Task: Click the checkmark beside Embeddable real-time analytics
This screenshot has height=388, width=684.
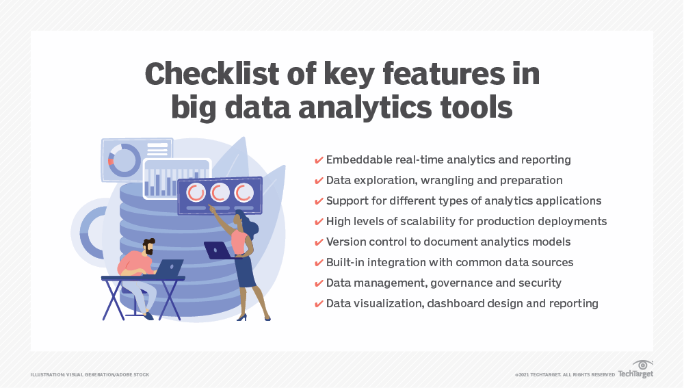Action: (x=319, y=160)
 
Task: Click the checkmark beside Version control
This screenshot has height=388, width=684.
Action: (x=319, y=242)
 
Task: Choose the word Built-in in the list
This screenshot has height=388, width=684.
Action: (x=345, y=262)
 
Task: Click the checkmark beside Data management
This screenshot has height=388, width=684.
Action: (x=319, y=283)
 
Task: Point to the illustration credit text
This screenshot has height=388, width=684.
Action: (x=90, y=375)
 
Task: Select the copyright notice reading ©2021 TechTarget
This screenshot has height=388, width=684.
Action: (x=565, y=375)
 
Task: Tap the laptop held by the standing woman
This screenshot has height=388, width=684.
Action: (x=218, y=250)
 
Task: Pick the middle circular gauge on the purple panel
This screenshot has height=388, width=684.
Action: (x=220, y=192)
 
